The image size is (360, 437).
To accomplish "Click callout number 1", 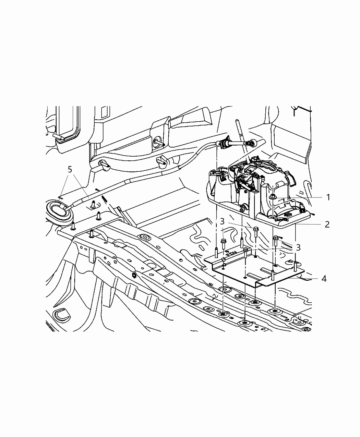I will (x=328, y=197).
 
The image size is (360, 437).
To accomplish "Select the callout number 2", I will (x=327, y=224).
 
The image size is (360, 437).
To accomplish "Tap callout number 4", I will (x=324, y=278).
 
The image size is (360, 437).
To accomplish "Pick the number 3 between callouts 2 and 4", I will (x=298, y=247).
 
